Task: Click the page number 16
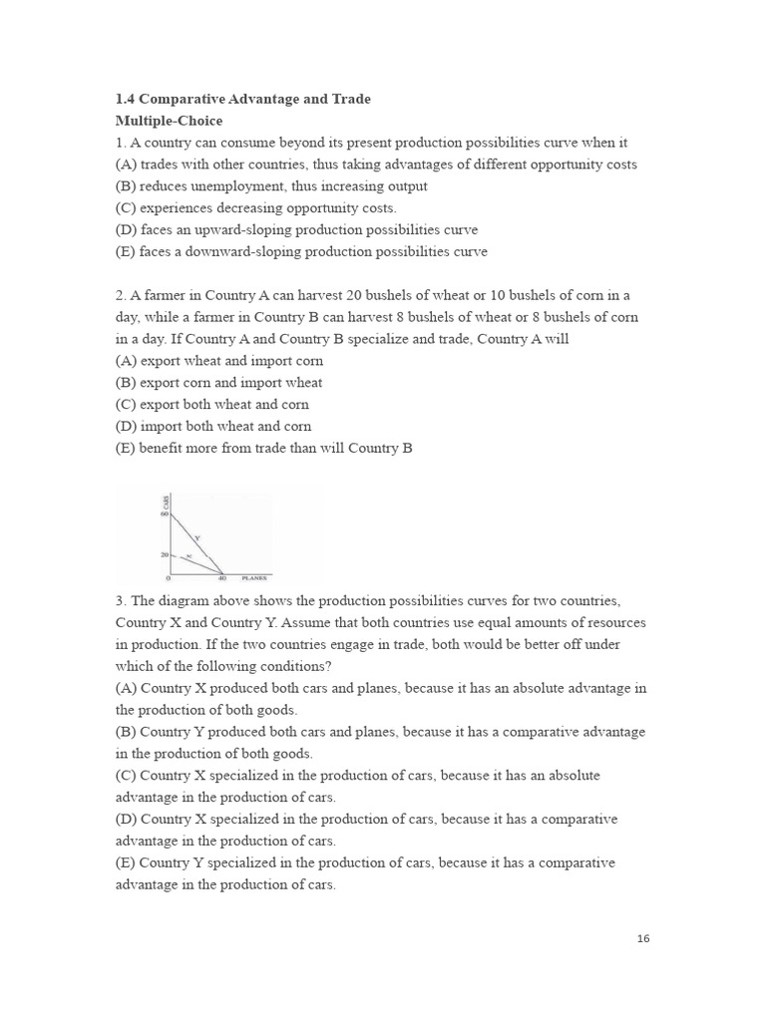(x=643, y=938)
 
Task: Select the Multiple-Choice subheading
(x=169, y=121)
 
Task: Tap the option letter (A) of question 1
(x=126, y=165)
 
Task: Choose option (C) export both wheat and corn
(x=211, y=404)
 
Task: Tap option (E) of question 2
(x=126, y=448)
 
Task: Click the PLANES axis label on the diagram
(x=256, y=578)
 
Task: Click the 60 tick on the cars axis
(x=164, y=514)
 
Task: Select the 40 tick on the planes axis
(x=222, y=578)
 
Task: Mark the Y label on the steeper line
(x=197, y=537)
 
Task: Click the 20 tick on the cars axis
(x=164, y=554)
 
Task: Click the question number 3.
(x=120, y=601)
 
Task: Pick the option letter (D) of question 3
(x=126, y=819)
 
